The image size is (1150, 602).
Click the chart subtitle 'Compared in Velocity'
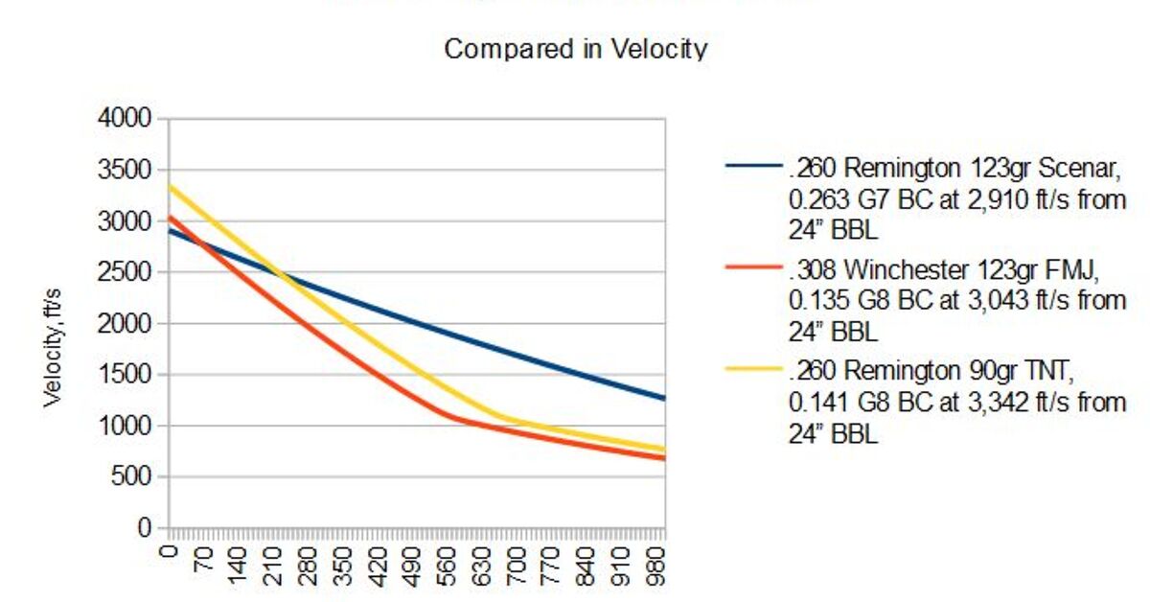click(x=575, y=49)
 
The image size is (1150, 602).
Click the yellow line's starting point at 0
click(x=169, y=186)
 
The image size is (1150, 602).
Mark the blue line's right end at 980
click(x=663, y=398)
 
